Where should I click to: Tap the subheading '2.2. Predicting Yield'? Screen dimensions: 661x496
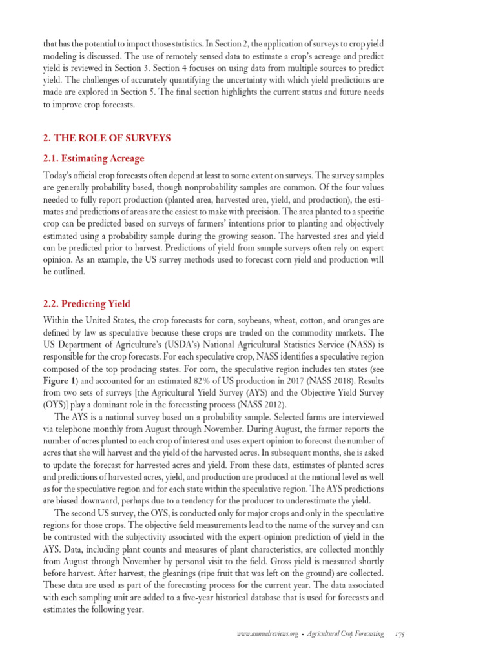87,304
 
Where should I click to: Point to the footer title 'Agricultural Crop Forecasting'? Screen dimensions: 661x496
345,635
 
